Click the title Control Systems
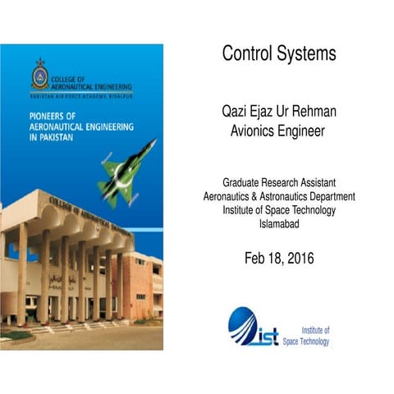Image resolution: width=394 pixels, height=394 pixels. [279, 54]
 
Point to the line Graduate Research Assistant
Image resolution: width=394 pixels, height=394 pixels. [279, 182]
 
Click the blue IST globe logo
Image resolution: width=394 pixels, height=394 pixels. [246, 325]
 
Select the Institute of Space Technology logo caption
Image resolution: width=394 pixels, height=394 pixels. [315, 335]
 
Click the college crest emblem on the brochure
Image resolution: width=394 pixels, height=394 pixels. [39, 76]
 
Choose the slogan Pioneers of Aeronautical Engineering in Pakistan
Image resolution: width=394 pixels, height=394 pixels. [69, 128]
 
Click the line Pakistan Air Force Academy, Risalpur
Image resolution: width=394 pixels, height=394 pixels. [82, 96]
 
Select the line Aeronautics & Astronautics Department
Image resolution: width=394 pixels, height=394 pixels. [279, 196]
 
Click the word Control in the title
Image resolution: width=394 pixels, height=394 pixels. [248, 54]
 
